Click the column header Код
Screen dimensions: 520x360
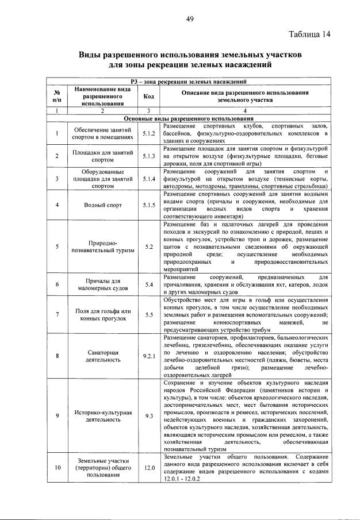coord(149,96)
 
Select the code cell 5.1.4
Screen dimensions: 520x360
coord(149,179)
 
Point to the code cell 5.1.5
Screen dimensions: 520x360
coord(149,205)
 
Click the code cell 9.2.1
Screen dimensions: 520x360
coord(149,356)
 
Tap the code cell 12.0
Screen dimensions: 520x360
coord(149,467)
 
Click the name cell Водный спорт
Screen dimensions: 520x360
coord(99,205)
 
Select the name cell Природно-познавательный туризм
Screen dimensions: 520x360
coord(99,246)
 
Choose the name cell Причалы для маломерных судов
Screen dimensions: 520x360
coord(99,284)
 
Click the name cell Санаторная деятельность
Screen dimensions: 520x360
coord(99,356)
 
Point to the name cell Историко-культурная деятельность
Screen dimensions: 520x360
coord(99,416)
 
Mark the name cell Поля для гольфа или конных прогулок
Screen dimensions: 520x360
coord(99,315)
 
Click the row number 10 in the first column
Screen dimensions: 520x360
coord(57,467)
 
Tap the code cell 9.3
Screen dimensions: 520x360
coord(149,416)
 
